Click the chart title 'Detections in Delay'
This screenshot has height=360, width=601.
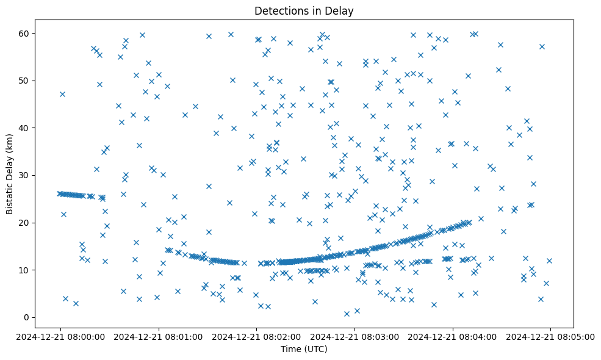click(x=304, y=11)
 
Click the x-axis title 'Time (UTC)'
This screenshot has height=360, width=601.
click(x=304, y=349)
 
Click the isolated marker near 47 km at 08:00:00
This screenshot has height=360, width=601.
click(x=62, y=94)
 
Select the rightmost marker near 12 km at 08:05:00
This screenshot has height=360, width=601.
click(x=549, y=261)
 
